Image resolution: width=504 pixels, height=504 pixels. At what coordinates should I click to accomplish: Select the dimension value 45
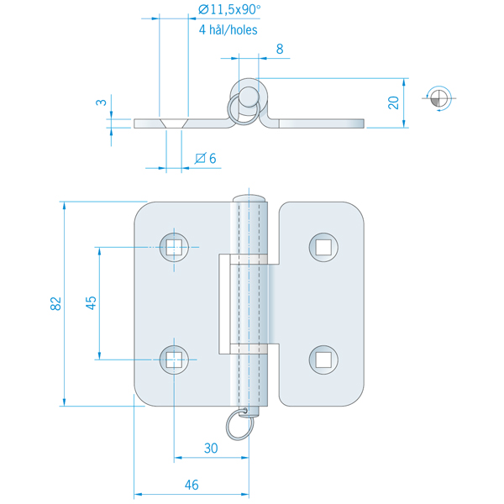pos(92,303)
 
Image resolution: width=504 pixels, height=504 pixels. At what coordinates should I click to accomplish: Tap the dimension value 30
pos(211,449)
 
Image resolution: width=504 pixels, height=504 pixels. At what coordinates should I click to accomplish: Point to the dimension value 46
pos(192,484)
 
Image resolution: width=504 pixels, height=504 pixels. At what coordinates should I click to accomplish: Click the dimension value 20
pos(394,102)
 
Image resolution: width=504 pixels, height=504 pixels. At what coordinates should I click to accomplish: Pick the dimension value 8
pos(279,50)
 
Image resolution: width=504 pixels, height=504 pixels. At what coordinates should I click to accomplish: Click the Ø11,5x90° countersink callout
pos(228,10)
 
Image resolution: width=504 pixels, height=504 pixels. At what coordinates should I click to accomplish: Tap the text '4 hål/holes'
pos(228,29)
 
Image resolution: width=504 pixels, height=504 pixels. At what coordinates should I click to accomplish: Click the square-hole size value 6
pos(212,158)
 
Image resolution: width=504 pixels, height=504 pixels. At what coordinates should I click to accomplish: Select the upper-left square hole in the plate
pos(173,246)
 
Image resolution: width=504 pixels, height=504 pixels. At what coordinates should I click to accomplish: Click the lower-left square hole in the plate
pos(173,360)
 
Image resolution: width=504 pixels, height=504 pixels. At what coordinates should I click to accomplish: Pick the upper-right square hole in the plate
pos(323,246)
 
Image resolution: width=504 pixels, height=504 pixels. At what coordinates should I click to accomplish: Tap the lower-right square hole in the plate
pos(323,360)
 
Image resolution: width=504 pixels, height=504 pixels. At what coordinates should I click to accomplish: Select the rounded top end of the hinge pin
pos(249,198)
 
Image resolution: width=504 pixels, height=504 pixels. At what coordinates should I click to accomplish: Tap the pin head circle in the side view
pos(249,92)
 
